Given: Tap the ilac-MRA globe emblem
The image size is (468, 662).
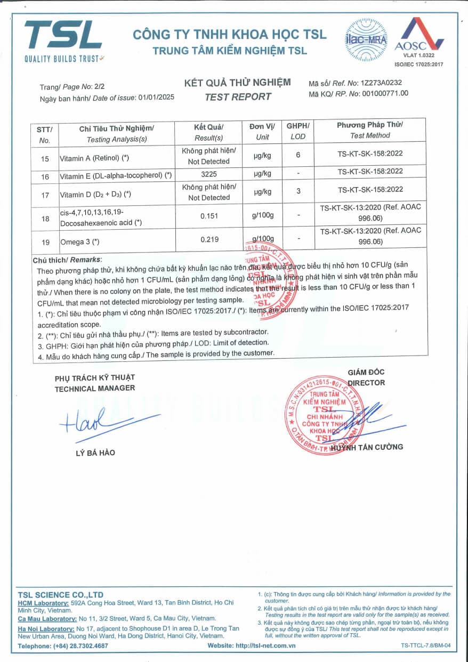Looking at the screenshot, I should point(367,36).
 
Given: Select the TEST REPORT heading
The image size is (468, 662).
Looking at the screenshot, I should point(238,96).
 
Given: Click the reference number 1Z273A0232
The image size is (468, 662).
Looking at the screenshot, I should point(381,83).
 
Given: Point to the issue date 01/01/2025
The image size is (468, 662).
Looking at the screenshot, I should point(156,98).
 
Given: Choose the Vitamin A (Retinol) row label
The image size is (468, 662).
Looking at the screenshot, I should point(94,158).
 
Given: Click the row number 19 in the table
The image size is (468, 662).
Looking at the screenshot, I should point(45,242).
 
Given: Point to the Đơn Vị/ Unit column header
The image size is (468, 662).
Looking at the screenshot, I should point(262,131).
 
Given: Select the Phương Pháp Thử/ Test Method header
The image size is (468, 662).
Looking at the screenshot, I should point(370,130).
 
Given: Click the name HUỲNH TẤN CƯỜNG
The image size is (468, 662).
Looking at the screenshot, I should point(367,447).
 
